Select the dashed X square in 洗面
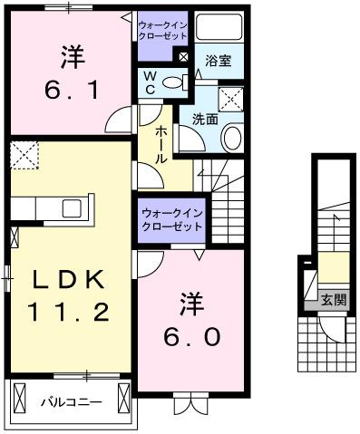click(232, 98)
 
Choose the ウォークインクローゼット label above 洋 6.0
click(170, 218)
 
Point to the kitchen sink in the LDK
click(73, 208)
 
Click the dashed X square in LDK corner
click(24, 154)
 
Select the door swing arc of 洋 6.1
click(120, 120)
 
